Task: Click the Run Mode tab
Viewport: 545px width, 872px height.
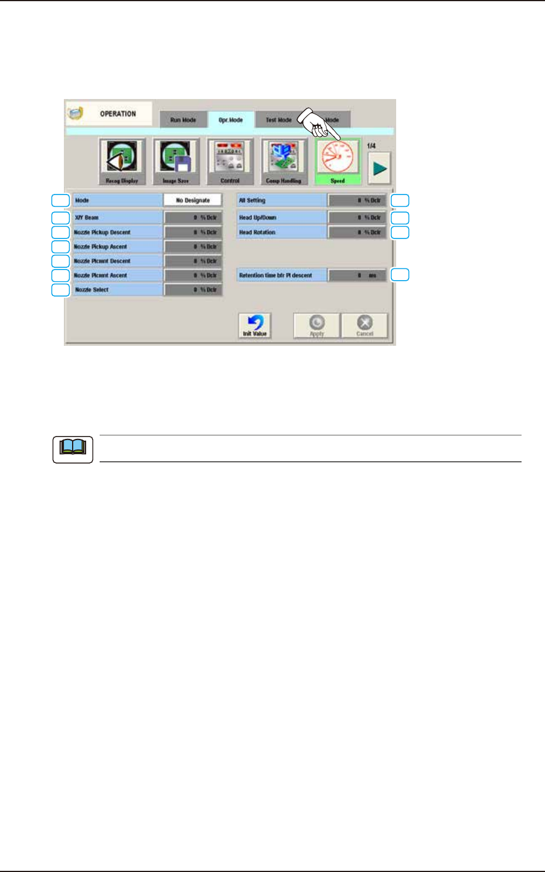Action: (183, 120)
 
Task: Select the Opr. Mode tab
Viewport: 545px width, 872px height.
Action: (231, 120)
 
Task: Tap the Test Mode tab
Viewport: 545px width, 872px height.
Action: (278, 120)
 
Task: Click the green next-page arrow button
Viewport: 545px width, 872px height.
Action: (380, 168)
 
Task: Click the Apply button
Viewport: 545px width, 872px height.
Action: (317, 325)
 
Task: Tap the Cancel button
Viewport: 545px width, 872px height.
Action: (365, 325)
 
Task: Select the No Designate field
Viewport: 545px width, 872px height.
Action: (193, 200)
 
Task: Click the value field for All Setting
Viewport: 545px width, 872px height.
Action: (357, 200)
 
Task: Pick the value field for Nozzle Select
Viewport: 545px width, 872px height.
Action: (193, 289)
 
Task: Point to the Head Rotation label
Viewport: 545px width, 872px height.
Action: (257, 232)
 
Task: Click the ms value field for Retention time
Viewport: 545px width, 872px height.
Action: (357, 275)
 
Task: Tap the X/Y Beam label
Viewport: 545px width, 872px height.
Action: (87, 217)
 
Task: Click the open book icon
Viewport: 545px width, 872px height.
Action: (73, 449)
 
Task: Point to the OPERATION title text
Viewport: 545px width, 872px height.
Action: (118, 114)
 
